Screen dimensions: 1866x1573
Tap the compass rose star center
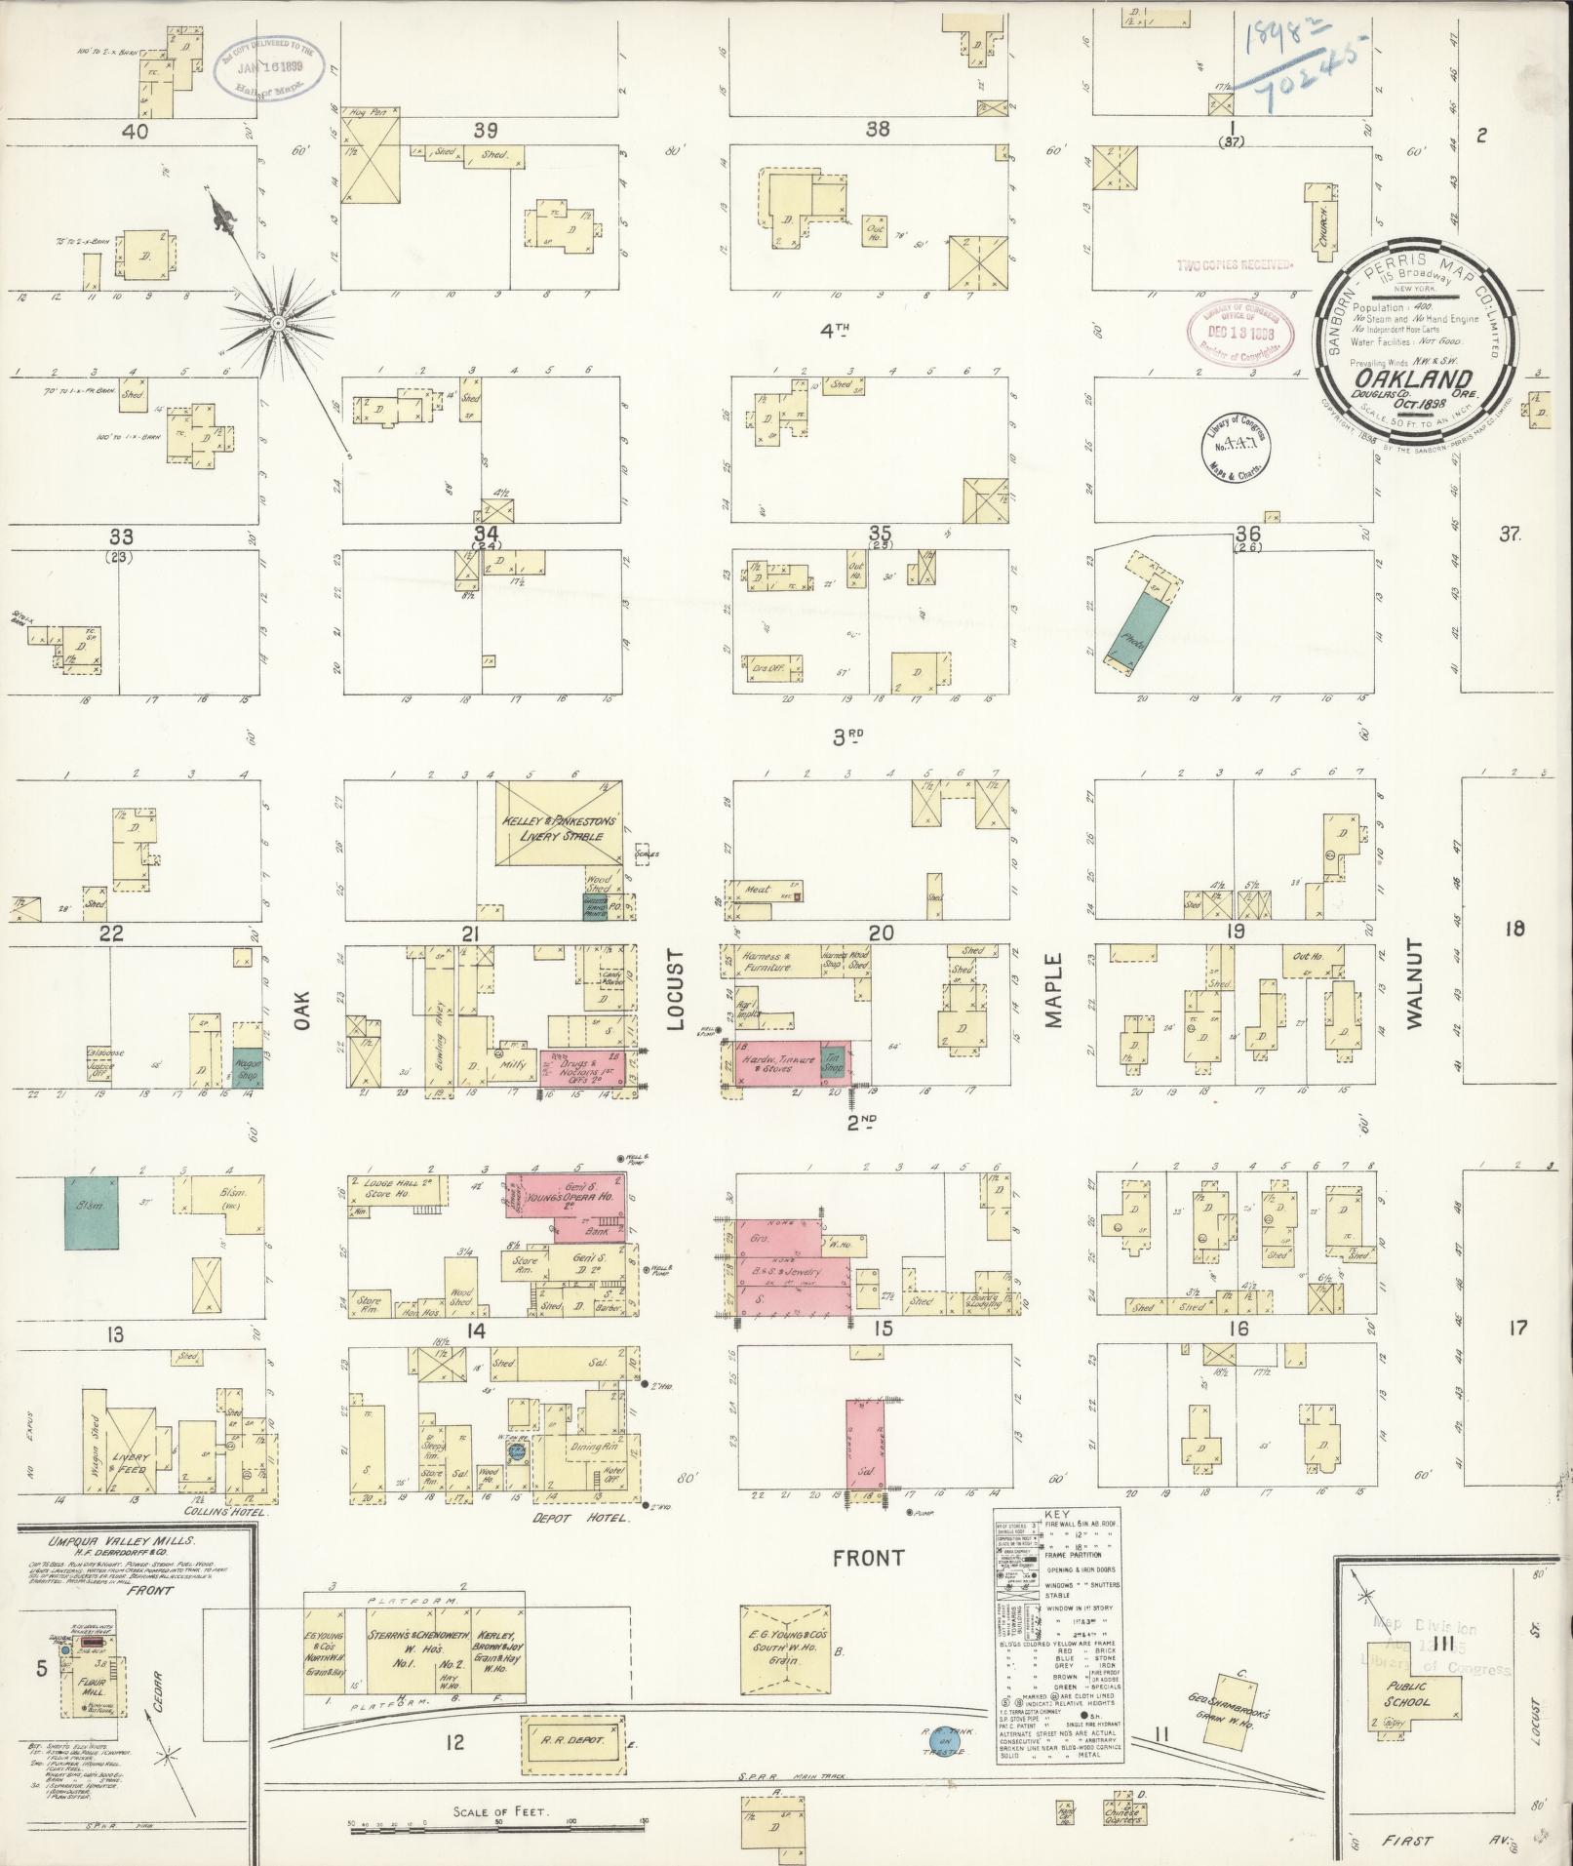[x=278, y=322]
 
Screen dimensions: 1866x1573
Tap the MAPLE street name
[x=1053, y=991]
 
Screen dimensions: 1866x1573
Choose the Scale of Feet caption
[x=497, y=1811]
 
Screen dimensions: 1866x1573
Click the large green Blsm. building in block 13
[x=92, y=1212]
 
